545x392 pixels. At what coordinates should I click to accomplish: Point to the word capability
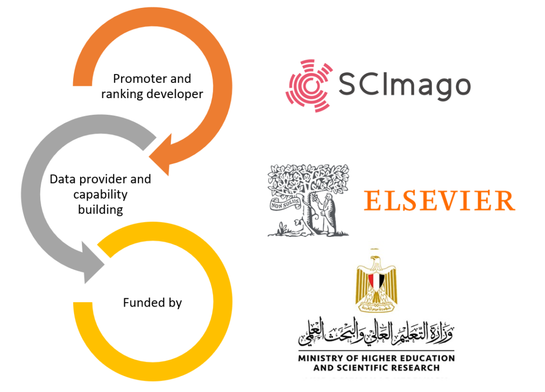click(x=100, y=194)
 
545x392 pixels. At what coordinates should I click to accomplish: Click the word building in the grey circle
click(x=100, y=210)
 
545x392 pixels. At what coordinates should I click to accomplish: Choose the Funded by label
click(x=152, y=303)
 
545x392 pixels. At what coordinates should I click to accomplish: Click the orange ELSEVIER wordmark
click(x=439, y=201)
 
